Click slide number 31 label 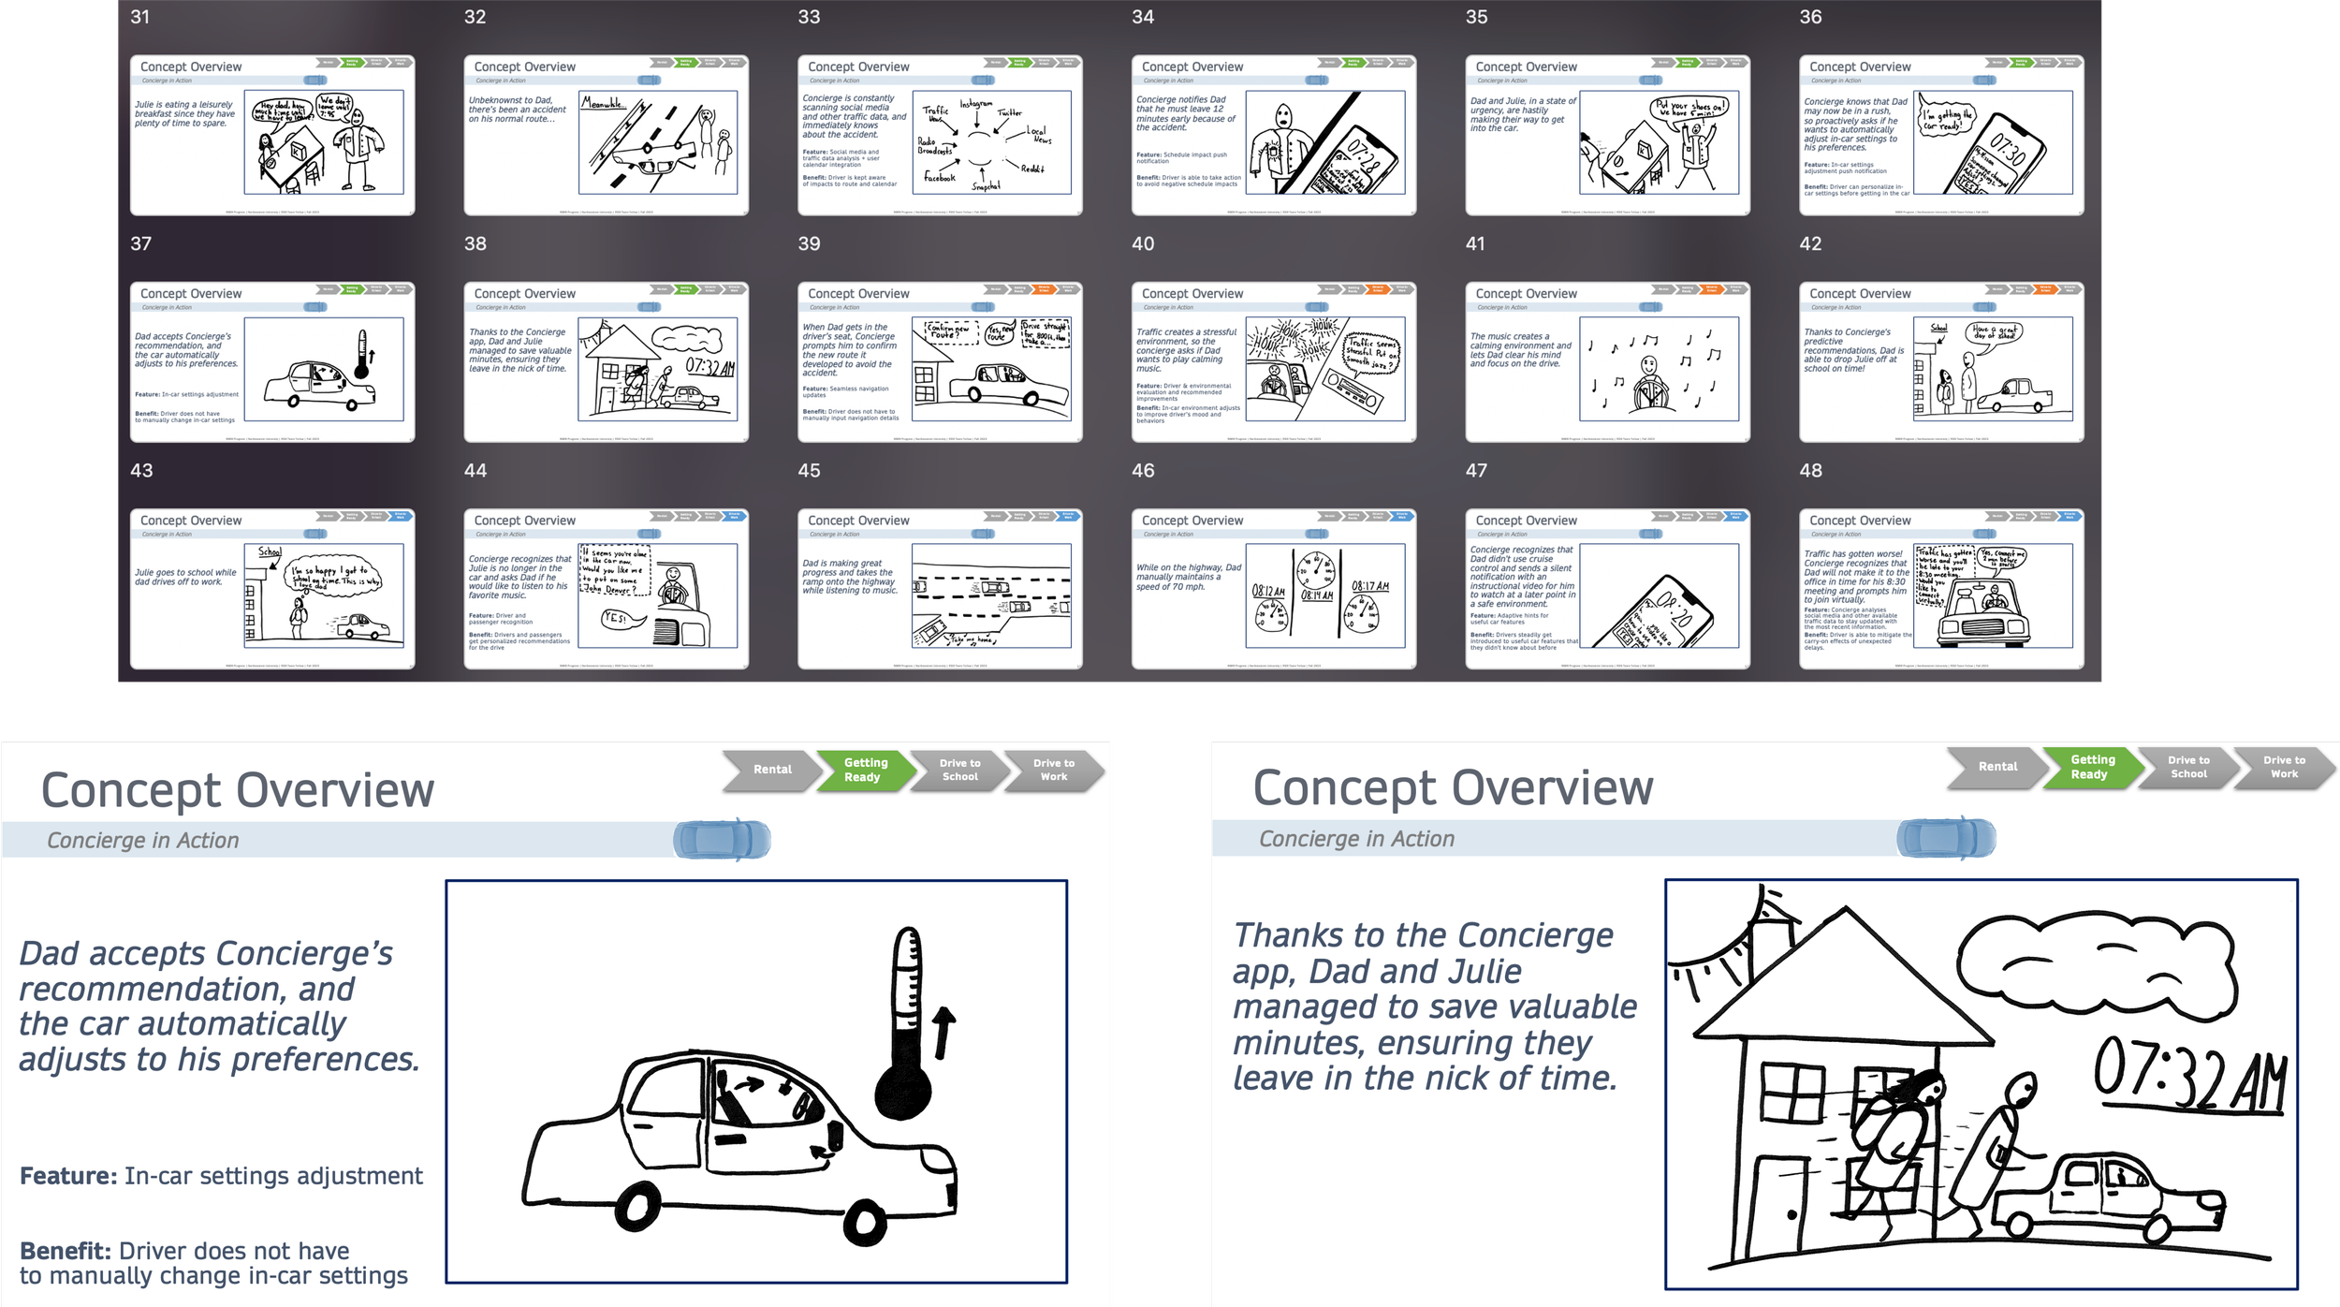tap(139, 17)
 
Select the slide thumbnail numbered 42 tap(1940, 362)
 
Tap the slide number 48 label tap(1810, 471)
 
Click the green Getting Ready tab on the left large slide tap(864, 770)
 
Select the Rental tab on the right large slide tap(1996, 767)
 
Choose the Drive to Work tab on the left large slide tap(1054, 770)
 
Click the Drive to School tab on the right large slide tap(2188, 767)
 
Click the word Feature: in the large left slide tap(68, 1176)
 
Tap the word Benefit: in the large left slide tap(66, 1251)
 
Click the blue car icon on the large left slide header tap(722, 840)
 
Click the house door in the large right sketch tap(1777, 1208)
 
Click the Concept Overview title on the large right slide tap(1452, 788)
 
